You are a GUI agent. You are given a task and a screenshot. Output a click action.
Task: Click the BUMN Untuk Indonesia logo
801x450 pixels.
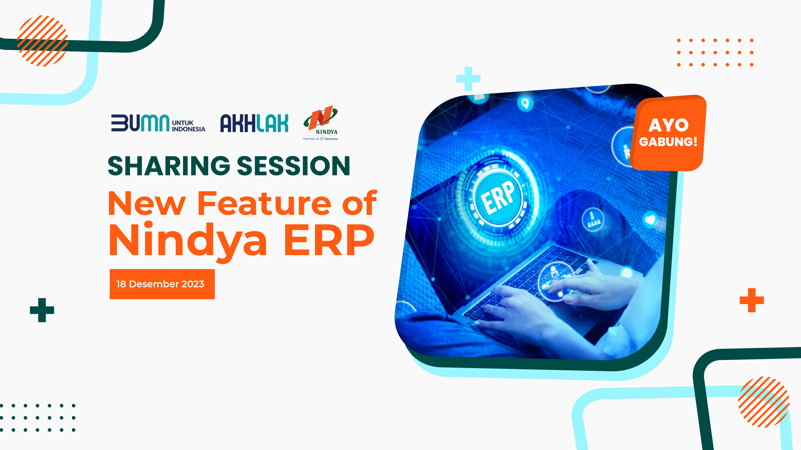point(158,123)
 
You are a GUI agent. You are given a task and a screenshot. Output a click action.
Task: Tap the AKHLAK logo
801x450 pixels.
point(254,123)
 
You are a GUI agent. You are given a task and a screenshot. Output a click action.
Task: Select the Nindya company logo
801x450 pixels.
point(321,123)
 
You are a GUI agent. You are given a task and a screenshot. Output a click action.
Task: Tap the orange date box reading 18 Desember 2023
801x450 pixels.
point(162,284)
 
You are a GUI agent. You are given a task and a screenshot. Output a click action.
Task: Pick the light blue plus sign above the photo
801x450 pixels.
point(468,79)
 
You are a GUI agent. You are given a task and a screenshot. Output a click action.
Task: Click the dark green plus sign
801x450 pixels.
point(42,310)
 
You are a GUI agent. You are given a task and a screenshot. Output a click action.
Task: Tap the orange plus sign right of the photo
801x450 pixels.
point(752,300)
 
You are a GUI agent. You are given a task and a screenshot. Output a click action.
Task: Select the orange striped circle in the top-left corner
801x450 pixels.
point(42,41)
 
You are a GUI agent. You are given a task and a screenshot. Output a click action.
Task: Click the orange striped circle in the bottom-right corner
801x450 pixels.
point(764,402)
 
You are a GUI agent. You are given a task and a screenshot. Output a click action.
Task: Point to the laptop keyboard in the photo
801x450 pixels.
point(529,279)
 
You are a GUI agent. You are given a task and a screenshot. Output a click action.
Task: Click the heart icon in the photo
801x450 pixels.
point(650,220)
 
